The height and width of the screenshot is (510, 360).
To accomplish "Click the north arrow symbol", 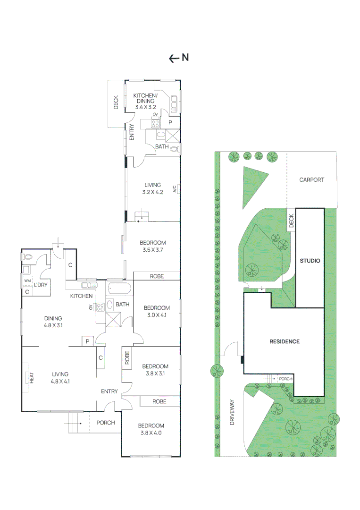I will [174, 58].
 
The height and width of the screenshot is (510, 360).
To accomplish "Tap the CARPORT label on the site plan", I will [312, 180].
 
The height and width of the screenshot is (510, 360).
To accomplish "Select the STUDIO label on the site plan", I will [310, 261].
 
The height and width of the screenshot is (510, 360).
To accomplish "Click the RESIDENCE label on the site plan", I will [284, 341].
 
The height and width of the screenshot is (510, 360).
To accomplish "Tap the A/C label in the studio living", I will [174, 189].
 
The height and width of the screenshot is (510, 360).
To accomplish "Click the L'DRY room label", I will [40, 286].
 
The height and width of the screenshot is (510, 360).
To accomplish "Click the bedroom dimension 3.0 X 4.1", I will [156, 315].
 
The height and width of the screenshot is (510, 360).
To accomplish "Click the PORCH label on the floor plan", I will [105, 422].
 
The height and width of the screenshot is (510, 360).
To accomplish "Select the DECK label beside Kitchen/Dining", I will [116, 103].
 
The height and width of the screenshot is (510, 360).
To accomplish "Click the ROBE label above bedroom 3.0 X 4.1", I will [157, 276].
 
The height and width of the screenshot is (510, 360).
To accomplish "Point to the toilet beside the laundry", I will [27, 257].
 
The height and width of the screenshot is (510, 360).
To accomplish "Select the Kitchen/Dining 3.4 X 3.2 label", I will [145, 101].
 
